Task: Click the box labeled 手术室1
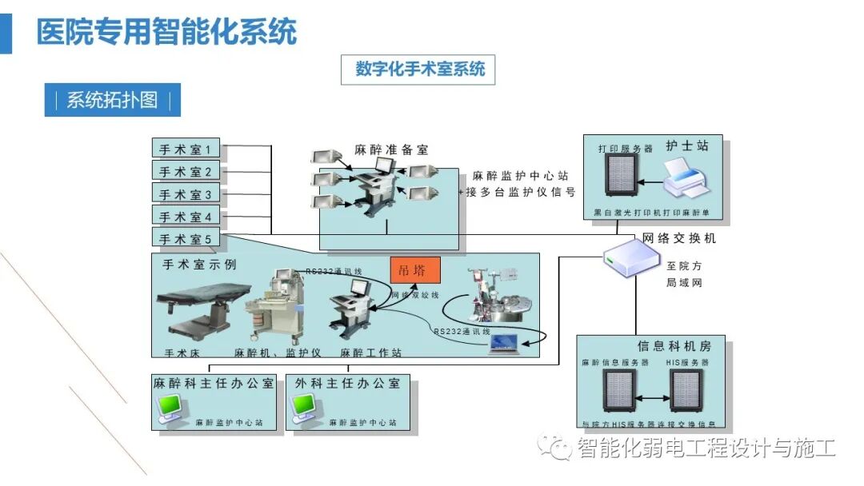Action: click(x=186, y=149)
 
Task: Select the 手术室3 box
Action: click(x=186, y=194)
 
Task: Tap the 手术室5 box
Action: click(x=186, y=239)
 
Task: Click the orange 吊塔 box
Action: click(x=415, y=270)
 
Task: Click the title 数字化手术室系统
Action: click(x=420, y=69)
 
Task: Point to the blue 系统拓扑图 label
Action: click(x=112, y=100)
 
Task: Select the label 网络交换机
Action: click(x=679, y=238)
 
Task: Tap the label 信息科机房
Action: click(x=674, y=346)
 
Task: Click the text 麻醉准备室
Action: click(x=391, y=149)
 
